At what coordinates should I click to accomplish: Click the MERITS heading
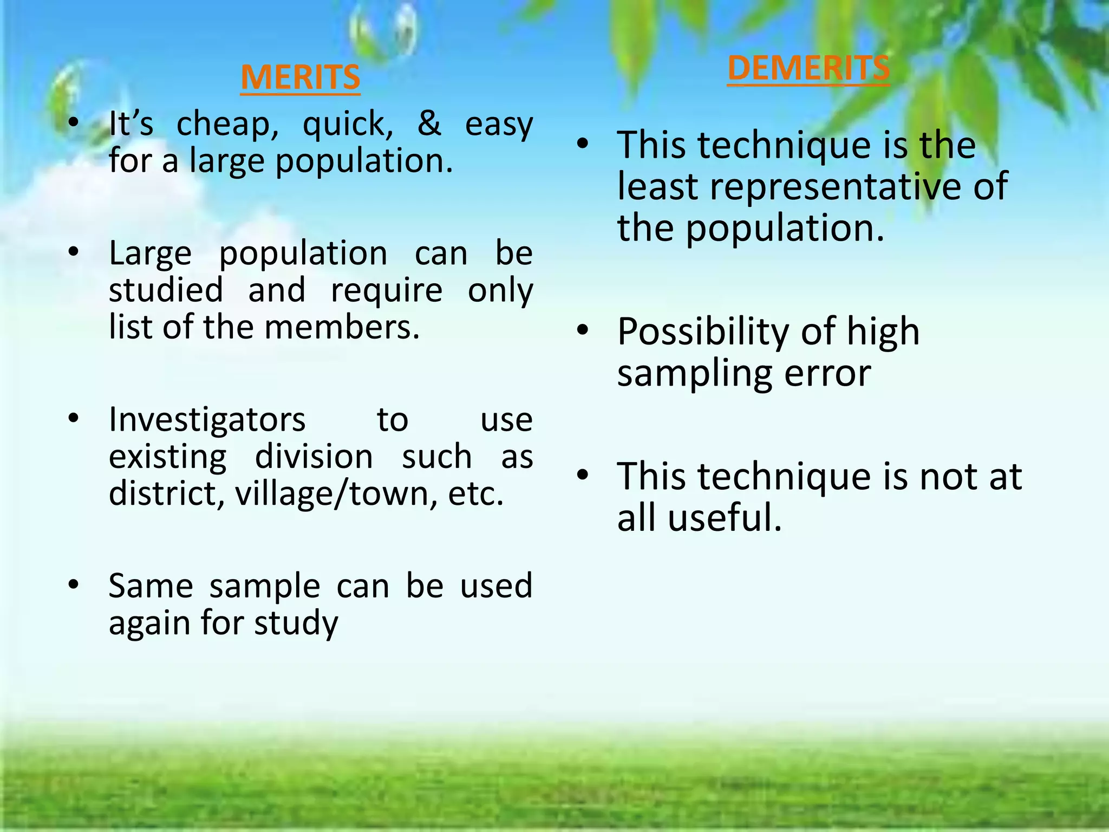tap(301, 77)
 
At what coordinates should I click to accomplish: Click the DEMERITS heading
tap(808, 68)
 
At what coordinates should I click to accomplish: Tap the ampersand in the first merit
tap(429, 123)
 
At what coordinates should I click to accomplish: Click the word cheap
tap(227, 126)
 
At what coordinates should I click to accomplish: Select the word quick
tap(348, 126)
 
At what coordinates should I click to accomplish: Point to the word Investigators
tap(207, 420)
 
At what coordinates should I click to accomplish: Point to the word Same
tap(151, 586)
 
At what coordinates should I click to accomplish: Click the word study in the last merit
tap(296, 624)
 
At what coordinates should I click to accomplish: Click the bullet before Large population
tap(74, 252)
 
